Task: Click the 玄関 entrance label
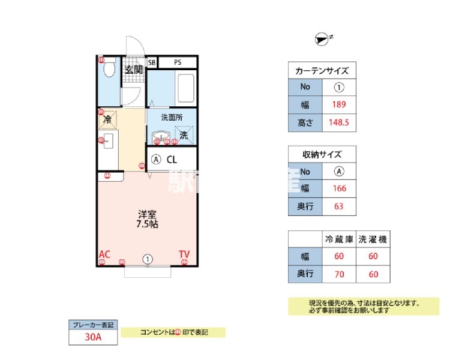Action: [x=133, y=70]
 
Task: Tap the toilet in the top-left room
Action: [x=109, y=70]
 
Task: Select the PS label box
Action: [x=178, y=62]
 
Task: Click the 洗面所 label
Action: [x=172, y=118]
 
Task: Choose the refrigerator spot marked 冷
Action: [x=107, y=120]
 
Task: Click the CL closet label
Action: [x=172, y=160]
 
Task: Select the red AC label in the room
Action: [x=104, y=254]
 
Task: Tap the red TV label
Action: [x=184, y=254]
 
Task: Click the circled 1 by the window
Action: [x=148, y=259]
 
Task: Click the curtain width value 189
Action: [x=340, y=104]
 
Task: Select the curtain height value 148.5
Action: [x=340, y=123]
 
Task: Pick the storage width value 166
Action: [x=340, y=188]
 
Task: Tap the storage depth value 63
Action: [x=340, y=206]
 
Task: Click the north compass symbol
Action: [x=322, y=40]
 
